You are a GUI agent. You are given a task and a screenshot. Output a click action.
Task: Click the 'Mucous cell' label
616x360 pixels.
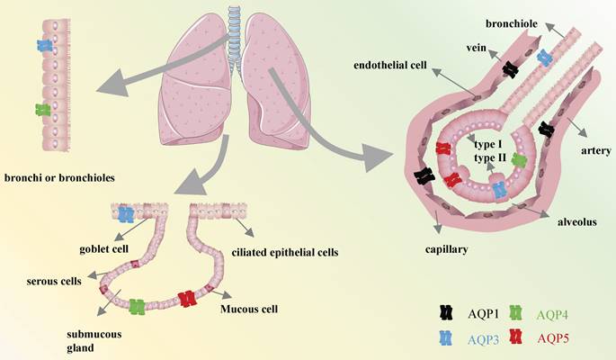pos(250,309)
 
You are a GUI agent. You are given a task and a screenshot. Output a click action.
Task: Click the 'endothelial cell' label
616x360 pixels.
pos(390,65)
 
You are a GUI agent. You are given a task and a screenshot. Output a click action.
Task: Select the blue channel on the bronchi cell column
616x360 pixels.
pos(44,44)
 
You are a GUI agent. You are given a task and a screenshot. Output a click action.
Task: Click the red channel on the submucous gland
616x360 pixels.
pos(186,298)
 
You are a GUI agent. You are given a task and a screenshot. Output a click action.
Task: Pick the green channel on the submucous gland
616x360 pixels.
pos(138,307)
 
